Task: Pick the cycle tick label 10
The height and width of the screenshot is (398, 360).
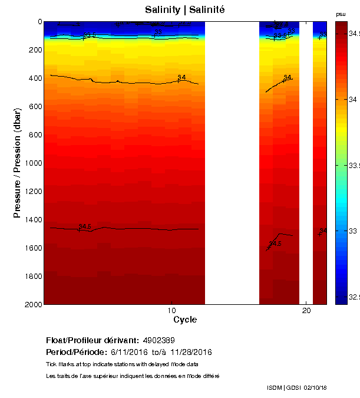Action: [171, 311]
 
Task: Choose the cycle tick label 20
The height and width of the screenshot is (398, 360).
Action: [306, 311]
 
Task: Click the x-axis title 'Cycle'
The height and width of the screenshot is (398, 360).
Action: [185, 320]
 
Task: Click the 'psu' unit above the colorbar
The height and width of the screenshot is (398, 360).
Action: [341, 14]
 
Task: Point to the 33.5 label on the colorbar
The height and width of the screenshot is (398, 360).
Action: [352, 166]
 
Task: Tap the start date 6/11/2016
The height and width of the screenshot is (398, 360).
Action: [128, 352]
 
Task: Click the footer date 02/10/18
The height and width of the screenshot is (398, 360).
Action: [315, 387]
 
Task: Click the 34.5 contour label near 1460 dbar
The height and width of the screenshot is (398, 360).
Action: [84, 226]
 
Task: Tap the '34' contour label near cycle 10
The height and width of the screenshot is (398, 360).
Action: [181, 78]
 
